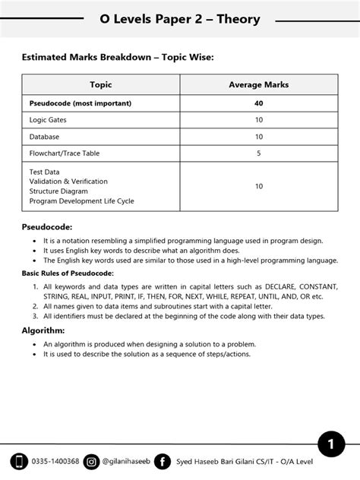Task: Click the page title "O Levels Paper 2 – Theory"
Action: [179, 19]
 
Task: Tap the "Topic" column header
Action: [100, 85]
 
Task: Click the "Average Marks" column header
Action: [258, 85]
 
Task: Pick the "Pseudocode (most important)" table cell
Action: [81, 103]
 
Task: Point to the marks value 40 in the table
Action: [259, 103]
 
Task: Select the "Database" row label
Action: [46, 137]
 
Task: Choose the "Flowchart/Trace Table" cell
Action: [65, 153]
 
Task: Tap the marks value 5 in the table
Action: [259, 153]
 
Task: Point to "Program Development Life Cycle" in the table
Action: [81, 201]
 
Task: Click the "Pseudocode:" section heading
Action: [47, 227]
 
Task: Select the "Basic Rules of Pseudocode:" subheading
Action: [68, 273]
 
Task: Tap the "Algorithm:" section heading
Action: [43, 330]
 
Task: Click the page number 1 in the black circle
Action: [331, 444]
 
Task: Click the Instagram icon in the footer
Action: [91, 461]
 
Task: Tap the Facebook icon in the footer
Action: [162, 461]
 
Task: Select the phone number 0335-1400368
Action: [55, 461]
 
